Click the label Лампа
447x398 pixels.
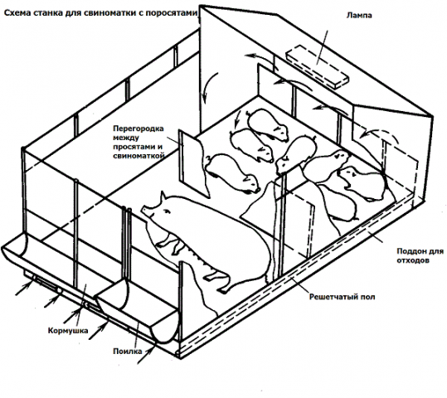[x=359, y=15]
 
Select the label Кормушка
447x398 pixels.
[x=68, y=331]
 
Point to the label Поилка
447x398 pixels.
[x=127, y=352]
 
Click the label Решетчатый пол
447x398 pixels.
[x=342, y=297]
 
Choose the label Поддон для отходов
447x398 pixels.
[x=420, y=255]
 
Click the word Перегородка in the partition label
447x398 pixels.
[x=138, y=129]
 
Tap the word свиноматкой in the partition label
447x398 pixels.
[x=138, y=156]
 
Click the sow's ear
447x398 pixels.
[x=163, y=196]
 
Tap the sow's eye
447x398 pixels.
[x=167, y=211]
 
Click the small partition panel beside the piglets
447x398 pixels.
[x=194, y=163]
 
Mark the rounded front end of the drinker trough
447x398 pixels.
[x=165, y=328]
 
